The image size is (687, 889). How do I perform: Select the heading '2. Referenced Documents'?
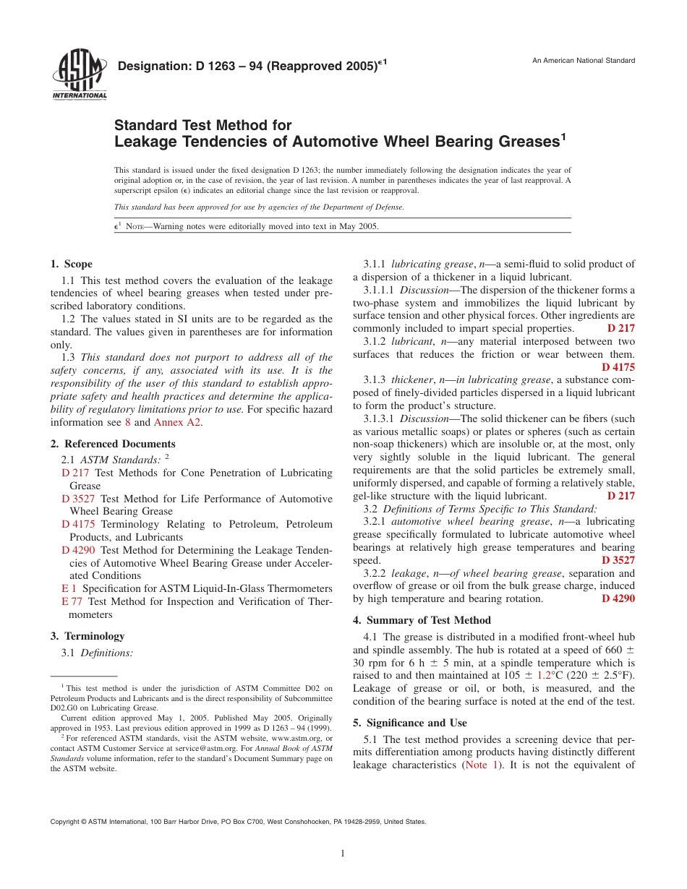coord(113,444)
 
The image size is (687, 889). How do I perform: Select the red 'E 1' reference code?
coord(69,588)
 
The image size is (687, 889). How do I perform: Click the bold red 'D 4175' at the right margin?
coord(618,367)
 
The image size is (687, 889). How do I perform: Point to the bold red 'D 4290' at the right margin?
coord(618,598)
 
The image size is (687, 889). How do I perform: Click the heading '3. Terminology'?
coord(88,636)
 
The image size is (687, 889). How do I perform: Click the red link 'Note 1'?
coord(480,765)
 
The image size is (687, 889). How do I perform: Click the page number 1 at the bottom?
coord(343,854)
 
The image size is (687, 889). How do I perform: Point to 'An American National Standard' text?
coord(584,61)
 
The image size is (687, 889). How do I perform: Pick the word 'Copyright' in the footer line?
coord(65,822)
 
